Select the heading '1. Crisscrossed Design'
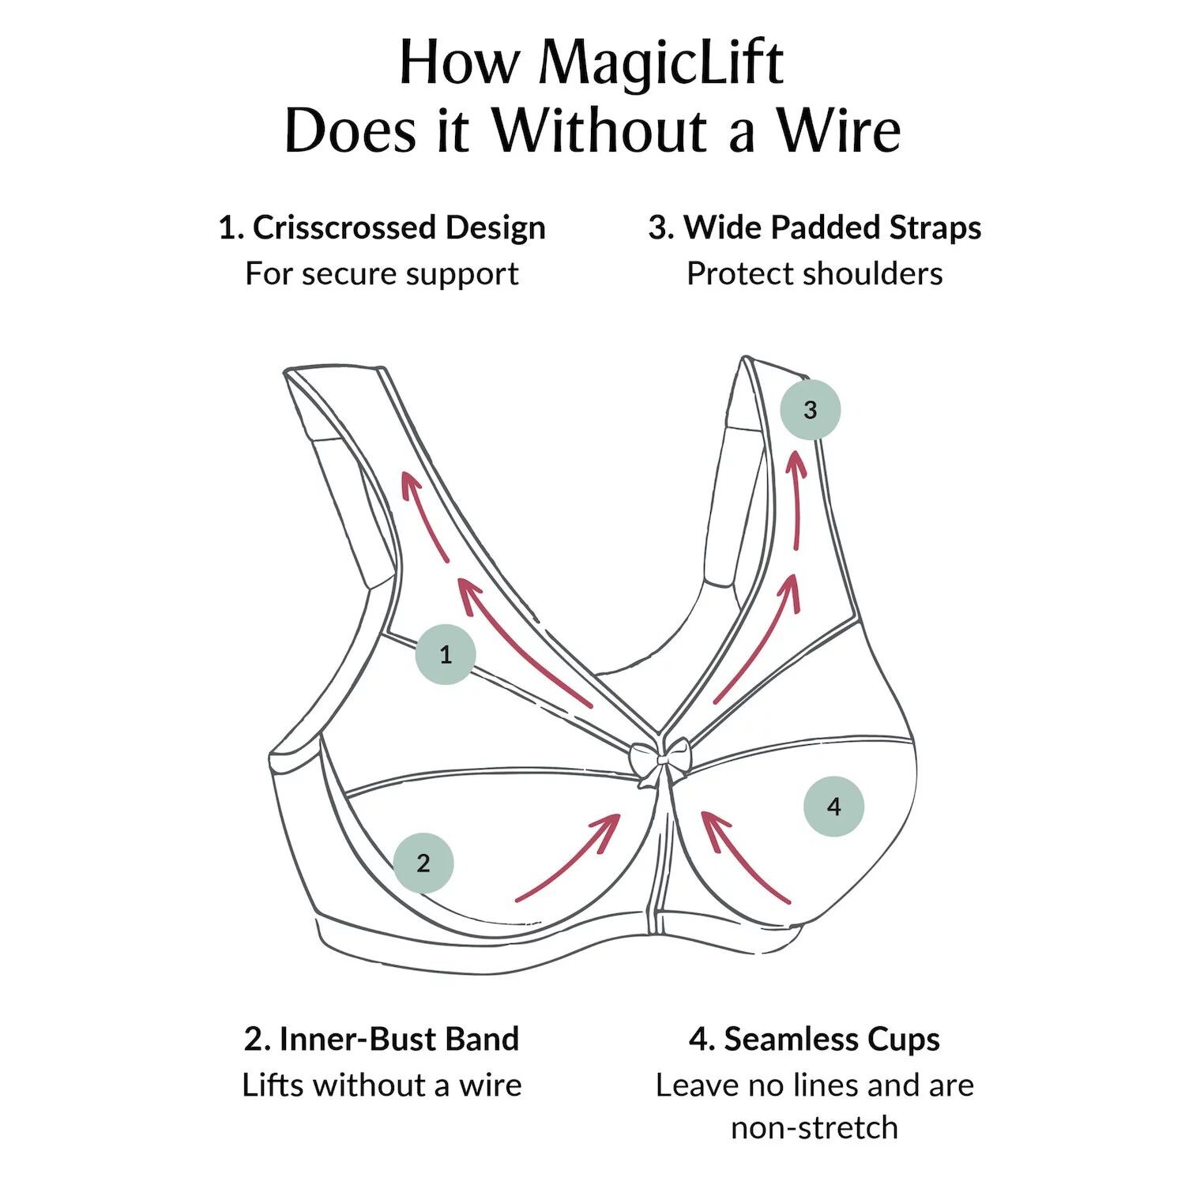(x=382, y=228)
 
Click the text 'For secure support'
(x=382, y=274)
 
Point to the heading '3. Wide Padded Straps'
(x=814, y=228)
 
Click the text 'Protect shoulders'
(x=814, y=274)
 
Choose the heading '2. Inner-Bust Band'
(x=382, y=1039)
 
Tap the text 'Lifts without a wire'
(x=382, y=1085)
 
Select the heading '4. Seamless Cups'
(x=814, y=1039)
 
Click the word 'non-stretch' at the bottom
(x=814, y=1127)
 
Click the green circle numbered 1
(x=446, y=654)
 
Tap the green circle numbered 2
(x=423, y=863)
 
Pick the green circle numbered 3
(x=810, y=410)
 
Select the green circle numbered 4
(x=833, y=807)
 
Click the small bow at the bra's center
(x=659, y=761)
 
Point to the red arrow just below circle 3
(x=796, y=498)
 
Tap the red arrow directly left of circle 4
(x=743, y=857)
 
